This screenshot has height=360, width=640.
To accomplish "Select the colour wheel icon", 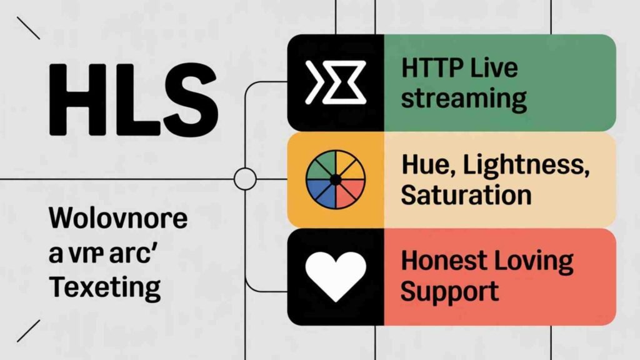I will (x=335, y=180).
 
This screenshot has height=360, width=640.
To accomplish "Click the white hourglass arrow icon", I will (x=335, y=83).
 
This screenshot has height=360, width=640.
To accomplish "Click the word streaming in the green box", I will (x=463, y=98).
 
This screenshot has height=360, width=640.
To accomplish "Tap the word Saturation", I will (x=466, y=195).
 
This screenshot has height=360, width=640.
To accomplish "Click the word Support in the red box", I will (x=449, y=291).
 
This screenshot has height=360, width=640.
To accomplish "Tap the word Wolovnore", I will (x=118, y=219).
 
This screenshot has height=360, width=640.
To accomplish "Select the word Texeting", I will (x=104, y=288).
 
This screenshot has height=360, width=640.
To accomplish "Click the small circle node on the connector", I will (x=244, y=179).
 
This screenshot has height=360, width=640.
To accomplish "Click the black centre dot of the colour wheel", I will (x=335, y=180).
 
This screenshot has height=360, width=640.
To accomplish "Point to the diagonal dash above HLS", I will (x=28, y=27).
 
